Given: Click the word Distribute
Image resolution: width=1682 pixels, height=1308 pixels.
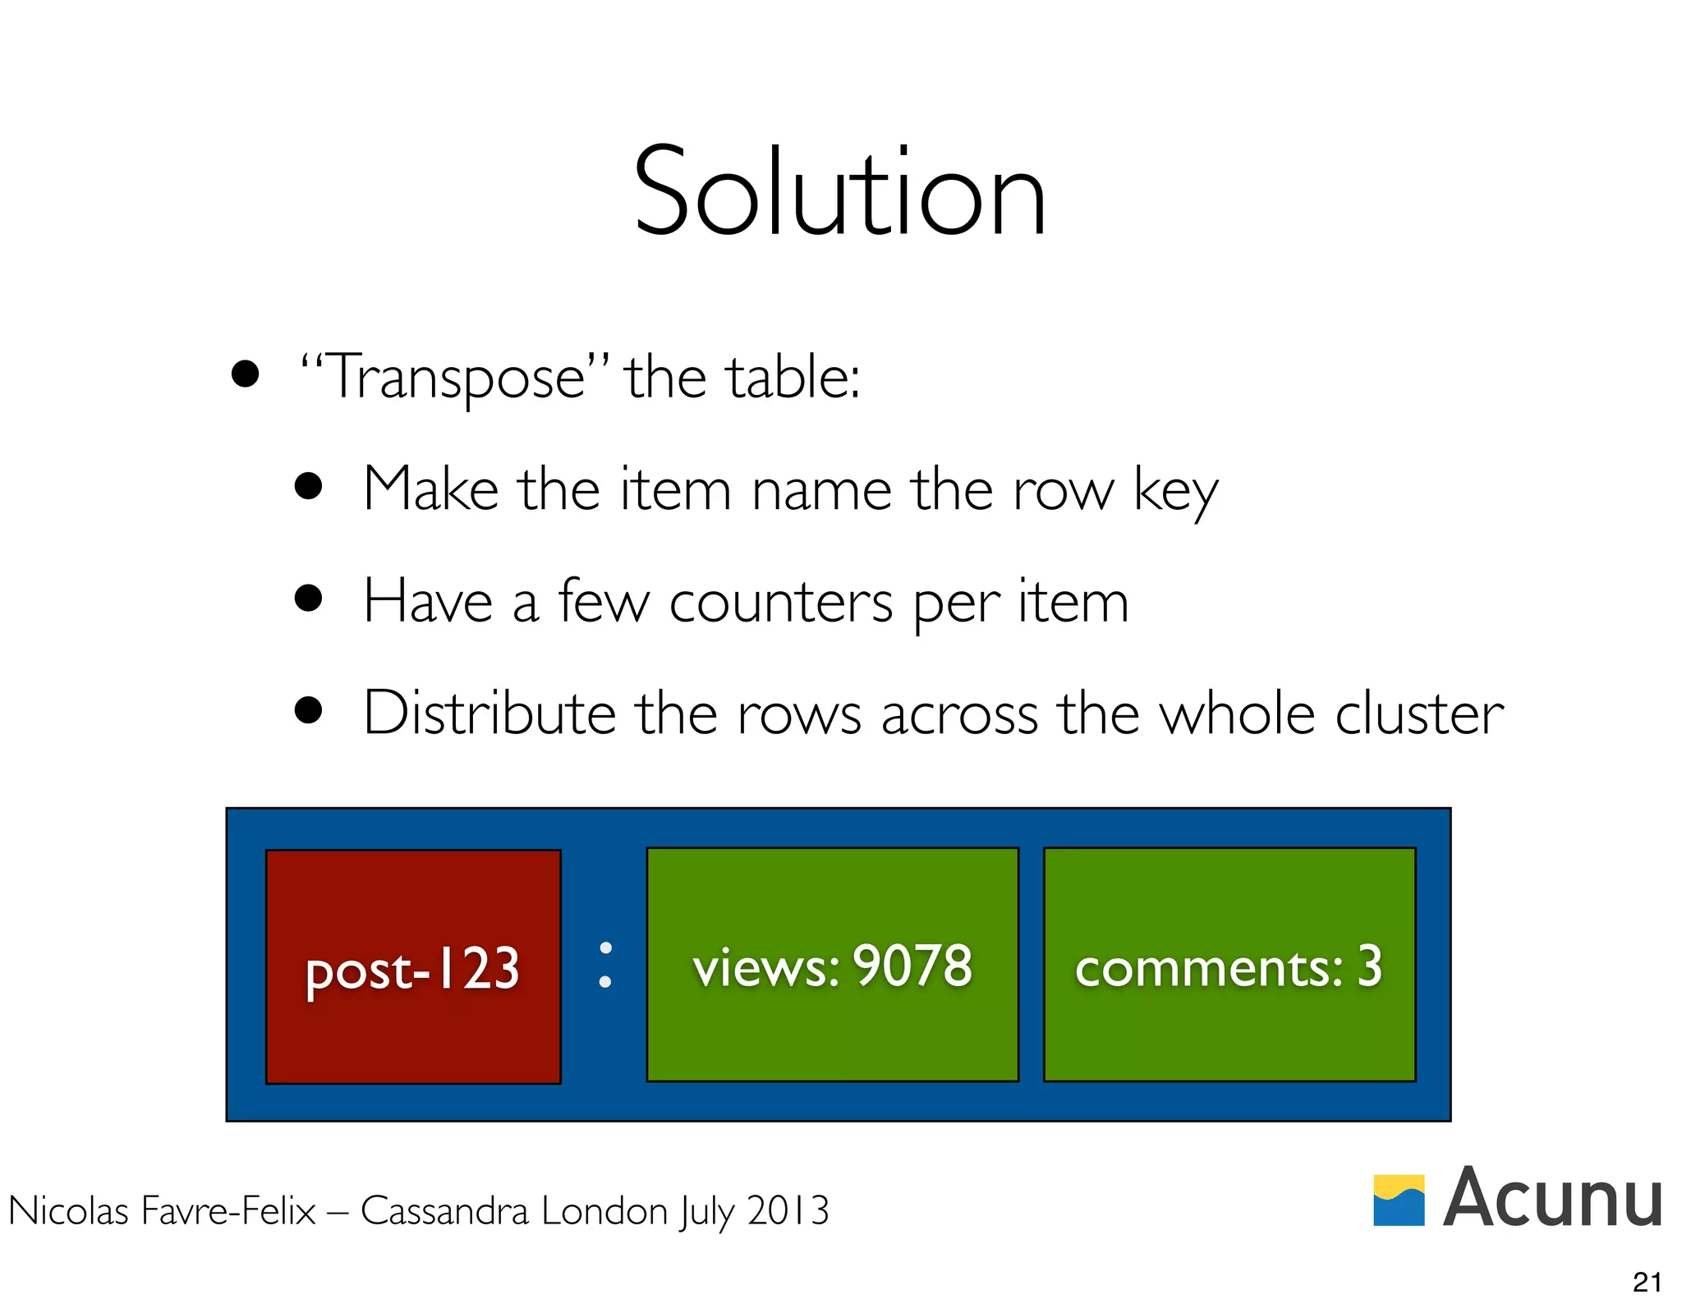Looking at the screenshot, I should coord(489,713).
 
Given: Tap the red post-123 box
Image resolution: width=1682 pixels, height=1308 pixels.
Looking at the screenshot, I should coord(413,966).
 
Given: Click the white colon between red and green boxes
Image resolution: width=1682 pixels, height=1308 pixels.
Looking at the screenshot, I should coord(605,965).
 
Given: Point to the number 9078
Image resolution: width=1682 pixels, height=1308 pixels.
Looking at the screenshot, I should coord(912,966).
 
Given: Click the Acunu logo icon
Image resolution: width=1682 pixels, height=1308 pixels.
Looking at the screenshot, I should coord(1399,1200).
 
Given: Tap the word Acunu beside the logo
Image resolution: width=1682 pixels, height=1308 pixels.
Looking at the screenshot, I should coord(1552,1199).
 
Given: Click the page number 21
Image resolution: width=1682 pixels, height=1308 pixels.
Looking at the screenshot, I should coord(1648,1282).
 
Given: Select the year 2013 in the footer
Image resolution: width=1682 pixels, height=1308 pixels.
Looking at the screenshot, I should coord(788,1210).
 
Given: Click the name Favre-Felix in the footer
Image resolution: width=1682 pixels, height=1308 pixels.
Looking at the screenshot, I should coord(228,1210).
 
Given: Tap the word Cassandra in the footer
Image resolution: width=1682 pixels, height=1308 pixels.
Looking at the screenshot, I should coord(443,1210).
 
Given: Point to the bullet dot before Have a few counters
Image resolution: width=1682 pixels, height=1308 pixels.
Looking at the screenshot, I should coord(308,599).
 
